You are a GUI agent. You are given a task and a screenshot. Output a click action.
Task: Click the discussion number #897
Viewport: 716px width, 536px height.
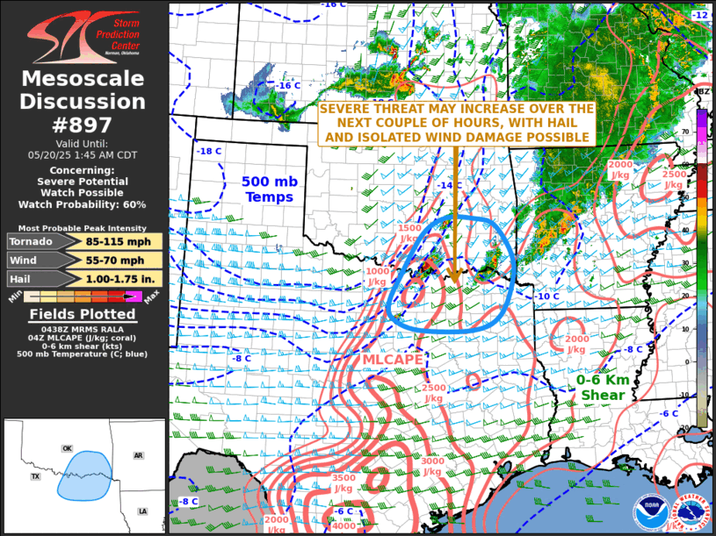(x=83, y=125)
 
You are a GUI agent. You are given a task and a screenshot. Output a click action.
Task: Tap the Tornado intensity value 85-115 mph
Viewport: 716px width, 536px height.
(x=111, y=241)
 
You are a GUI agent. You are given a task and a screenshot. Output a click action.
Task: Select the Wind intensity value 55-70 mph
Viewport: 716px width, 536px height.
(x=111, y=261)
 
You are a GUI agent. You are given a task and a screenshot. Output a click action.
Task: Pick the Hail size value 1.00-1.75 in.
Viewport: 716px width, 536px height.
(x=111, y=279)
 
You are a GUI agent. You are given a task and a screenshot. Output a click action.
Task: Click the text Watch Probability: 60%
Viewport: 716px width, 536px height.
(x=83, y=204)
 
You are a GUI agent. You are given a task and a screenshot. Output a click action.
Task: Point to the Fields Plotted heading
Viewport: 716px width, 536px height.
(x=83, y=314)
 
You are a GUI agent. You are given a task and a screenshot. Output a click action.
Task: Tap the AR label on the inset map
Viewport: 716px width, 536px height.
(x=138, y=455)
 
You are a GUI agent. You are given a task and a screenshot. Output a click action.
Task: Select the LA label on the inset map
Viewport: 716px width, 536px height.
(x=142, y=511)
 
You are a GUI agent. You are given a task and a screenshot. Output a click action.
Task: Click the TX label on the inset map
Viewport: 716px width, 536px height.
(x=36, y=476)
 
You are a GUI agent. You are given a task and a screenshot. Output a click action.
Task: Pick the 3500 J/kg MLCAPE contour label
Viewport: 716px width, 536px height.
(x=344, y=483)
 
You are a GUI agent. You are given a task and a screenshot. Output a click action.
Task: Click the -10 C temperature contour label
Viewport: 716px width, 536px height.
(x=547, y=296)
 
